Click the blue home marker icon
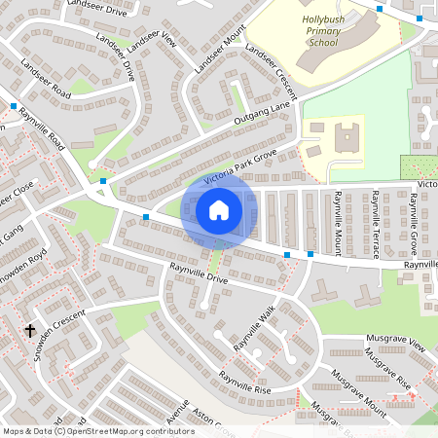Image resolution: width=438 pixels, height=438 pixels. point(219,209)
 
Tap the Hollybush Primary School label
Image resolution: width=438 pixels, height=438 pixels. point(310,30)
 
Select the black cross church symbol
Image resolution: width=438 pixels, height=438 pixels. point(30,331)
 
